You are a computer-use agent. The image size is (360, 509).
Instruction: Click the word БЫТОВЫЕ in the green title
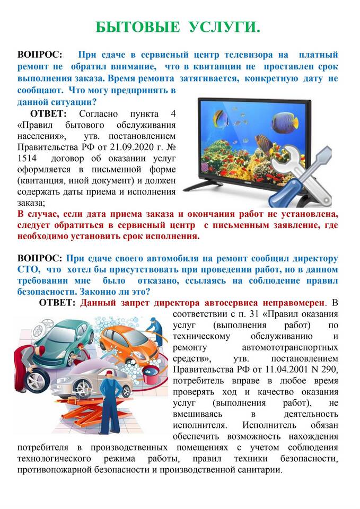point(138,28)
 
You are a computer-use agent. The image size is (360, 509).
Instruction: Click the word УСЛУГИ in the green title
point(225,28)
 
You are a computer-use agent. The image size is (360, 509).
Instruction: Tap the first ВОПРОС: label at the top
point(40,55)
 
